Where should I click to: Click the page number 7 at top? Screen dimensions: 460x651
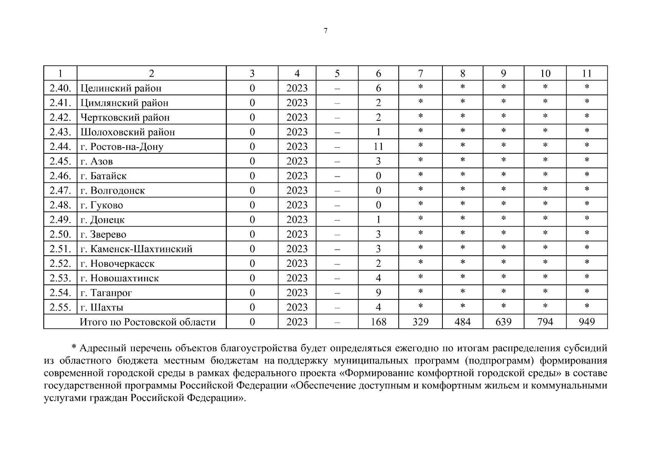325,31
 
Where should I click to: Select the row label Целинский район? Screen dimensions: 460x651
121,88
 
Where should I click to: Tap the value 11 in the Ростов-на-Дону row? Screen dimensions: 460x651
378,146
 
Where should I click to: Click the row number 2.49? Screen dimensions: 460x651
60,220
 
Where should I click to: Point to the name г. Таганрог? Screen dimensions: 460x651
106,293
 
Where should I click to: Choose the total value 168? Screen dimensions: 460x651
378,322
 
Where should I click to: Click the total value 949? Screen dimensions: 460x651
587,322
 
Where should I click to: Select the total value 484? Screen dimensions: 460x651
462,322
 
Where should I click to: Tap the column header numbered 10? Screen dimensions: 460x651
545,74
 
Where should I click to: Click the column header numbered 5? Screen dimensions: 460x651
337,74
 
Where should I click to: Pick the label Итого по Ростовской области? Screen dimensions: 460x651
148,322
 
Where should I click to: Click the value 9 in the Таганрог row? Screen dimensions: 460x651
378,293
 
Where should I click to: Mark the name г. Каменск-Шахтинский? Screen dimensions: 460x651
136,249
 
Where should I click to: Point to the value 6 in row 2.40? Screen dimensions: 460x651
378,88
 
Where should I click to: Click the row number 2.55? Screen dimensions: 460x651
60,307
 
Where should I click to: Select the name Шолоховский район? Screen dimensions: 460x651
128,132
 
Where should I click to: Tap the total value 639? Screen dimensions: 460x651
503,322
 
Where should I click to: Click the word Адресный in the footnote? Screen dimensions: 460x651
103,348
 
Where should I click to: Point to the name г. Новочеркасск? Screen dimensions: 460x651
117,264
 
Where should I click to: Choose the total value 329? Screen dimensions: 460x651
420,322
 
